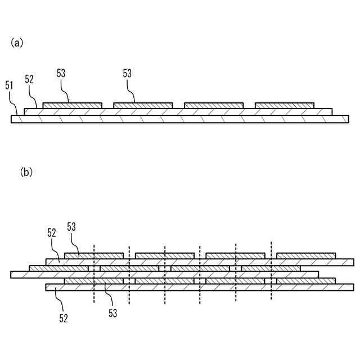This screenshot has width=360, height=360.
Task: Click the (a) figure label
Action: (x=16, y=43)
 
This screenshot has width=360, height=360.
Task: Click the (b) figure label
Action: (x=26, y=172)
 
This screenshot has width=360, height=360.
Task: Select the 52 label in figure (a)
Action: (x=29, y=80)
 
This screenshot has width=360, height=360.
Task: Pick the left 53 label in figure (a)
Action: (x=61, y=73)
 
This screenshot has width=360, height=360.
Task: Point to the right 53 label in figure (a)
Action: (x=127, y=73)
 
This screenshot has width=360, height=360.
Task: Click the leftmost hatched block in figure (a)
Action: (x=73, y=106)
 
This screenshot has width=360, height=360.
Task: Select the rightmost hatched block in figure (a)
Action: (x=285, y=106)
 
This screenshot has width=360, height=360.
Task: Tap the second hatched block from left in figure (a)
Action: (x=143, y=106)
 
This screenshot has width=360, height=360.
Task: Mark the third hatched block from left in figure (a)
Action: (x=214, y=106)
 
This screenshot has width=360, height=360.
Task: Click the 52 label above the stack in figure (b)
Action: (x=52, y=232)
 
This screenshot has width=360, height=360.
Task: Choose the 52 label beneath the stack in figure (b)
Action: (x=63, y=318)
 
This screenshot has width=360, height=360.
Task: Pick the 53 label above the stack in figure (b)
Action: (x=71, y=226)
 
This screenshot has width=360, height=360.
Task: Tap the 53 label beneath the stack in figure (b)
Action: (x=112, y=313)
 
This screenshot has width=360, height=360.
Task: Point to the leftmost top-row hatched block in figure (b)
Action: (x=94, y=256)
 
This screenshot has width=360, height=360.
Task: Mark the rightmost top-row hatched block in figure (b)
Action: (x=307, y=256)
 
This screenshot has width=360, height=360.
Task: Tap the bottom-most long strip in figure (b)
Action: (x=200, y=287)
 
